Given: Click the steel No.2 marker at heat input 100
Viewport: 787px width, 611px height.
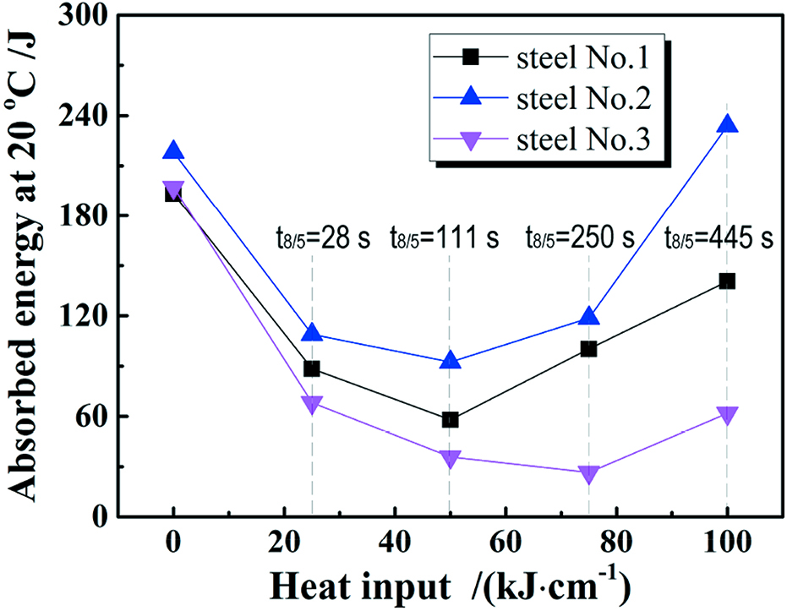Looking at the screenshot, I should [x=726, y=124].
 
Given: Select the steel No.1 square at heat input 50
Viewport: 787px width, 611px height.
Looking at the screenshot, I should [x=450, y=419].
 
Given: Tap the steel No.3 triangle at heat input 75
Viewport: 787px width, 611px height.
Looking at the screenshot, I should [x=588, y=474].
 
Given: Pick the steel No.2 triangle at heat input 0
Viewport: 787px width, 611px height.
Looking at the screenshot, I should [x=173, y=150].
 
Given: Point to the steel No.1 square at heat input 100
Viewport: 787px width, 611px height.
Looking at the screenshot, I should [x=726, y=281].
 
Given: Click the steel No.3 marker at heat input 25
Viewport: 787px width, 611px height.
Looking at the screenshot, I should [x=312, y=404].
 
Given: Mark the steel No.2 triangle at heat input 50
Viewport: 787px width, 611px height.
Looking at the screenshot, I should [x=450, y=361].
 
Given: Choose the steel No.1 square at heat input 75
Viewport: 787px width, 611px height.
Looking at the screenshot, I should [x=588, y=348].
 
